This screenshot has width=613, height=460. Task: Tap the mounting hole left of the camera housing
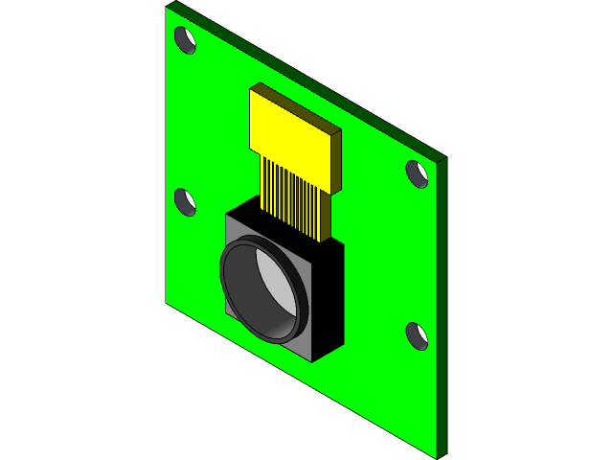point(185,202)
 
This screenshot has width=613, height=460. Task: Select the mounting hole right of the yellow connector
point(417,173)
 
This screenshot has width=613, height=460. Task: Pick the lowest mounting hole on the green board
point(417,335)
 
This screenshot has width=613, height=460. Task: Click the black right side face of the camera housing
point(329,302)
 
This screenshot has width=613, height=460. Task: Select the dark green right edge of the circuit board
point(441,307)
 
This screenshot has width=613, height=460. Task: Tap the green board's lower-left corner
point(167,302)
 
